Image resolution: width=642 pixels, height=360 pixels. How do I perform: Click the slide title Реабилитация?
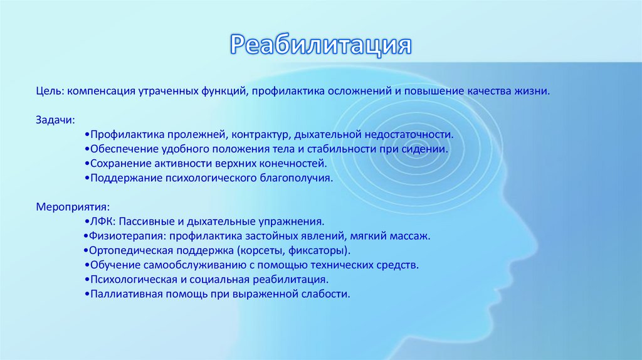tap(320, 46)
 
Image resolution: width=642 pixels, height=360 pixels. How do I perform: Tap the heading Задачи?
tap(55, 119)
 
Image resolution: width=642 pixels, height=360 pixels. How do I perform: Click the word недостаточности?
tap(408, 134)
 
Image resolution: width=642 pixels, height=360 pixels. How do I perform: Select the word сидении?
tap(428, 149)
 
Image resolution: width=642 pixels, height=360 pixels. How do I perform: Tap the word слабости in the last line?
tap(327, 294)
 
